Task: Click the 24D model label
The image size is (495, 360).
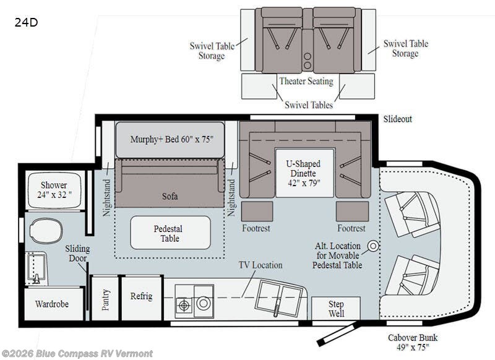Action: pos(26,22)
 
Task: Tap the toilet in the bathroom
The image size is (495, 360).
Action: pos(46,231)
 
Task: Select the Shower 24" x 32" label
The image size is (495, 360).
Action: pos(54,190)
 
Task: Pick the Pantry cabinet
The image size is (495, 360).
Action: pos(105,298)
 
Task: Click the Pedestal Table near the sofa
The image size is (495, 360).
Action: pos(170,233)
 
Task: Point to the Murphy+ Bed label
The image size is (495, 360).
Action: pos(172,139)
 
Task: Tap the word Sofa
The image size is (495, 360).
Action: pos(170,196)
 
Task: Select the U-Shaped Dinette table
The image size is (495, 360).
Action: pos(304,173)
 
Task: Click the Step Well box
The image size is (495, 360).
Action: pos(336,309)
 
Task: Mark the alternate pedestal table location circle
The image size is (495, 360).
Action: pos(374,246)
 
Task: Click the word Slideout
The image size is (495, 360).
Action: pos(398,119)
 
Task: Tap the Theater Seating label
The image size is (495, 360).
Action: pos(306,81)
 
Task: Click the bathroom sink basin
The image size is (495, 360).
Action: pos(37,268)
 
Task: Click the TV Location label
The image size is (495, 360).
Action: pos(260,265)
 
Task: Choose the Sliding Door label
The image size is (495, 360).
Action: pos(78,254)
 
